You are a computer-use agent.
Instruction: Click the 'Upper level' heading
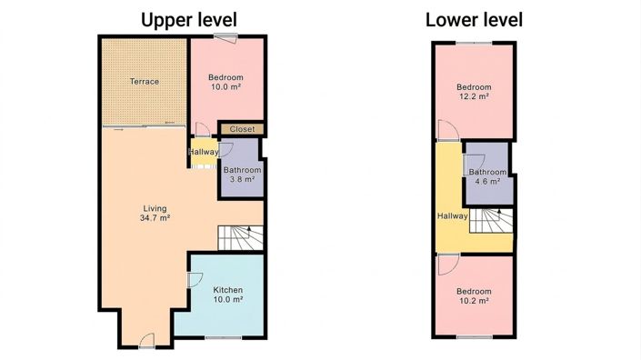click(x=189, y=19)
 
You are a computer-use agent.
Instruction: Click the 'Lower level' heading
click(x=474, y=19)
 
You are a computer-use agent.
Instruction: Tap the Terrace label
click(x=144, y=82)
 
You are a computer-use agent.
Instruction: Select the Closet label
click(x=242, y=129)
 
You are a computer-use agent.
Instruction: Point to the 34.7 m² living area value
click(x=155, y=218)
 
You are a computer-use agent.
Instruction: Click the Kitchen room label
click(x=227, y=290)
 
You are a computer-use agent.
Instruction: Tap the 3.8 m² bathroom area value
click(x=243, y=180)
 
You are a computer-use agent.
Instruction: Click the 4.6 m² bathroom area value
click(x=487, y=183)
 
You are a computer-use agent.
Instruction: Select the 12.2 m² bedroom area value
click(x=474, y=96)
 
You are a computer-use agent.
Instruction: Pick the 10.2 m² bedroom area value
click(x=474, y=301)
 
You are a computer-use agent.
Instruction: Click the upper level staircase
click(x=241, y=238)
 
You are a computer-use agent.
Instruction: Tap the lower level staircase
click(x=491, y=221)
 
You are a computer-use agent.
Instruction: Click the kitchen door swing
click(x=194, y=281)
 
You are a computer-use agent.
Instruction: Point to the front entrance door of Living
click(x=146, y=342)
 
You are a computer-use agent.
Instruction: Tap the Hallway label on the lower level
click(x=452, y=216)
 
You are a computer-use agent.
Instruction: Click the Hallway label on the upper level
click(x=203, y=152)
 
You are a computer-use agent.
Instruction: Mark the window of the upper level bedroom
click(x=226, y=36)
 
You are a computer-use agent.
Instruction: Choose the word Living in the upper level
click(x=155, y=208)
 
